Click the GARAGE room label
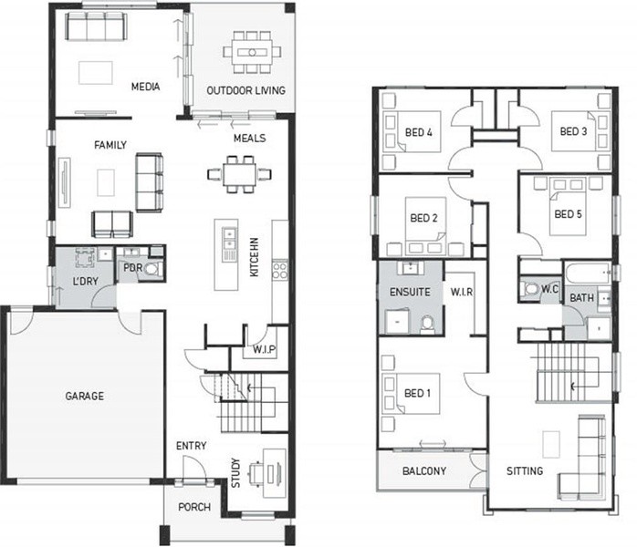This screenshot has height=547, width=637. pyautogui.click(x=85, y=396)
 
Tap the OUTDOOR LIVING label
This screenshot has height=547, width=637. pyautogui.click(x=245, y=90)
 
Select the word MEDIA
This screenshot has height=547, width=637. pyautogui.click(x=145, y=87)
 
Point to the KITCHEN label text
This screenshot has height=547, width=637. pyautogui.click(x=255, y=257)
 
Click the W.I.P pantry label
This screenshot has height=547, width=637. pyautogui.click(x=264, y=349)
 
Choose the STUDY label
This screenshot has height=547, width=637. pyautogui.click(x=235, y=473)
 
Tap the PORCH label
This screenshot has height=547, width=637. pyautogui.click(x=194, y=507)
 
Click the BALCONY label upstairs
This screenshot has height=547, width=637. pyautogui.click(x=424, y=470)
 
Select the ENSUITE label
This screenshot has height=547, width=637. pyautogui.click(x=410, y=292)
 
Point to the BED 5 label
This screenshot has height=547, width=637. pyautogui.click(x=568, y=214)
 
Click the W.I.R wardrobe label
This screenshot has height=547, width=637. pyautogui.click(x=462, y=292)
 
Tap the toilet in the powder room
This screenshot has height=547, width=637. pyautogui.click(x=152, y=269)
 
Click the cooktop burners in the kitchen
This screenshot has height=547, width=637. pyautogui.click(x=280, y=270)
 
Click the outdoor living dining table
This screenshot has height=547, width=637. pyautogui.click(x=252, y=52)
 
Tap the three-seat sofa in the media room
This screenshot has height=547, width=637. pyautogui.click(x=97, y=26)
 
